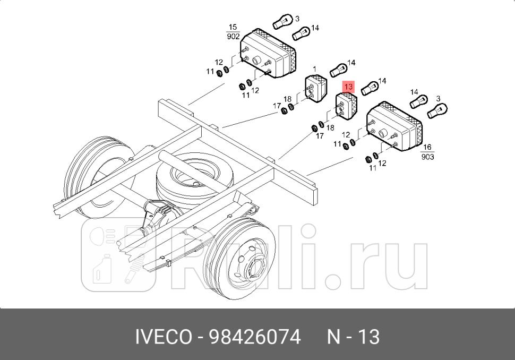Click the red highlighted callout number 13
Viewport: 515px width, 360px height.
[x=349, y=87]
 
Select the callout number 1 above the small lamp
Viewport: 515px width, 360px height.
[x=314, y=69]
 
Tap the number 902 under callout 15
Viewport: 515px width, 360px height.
[x=233, y=37]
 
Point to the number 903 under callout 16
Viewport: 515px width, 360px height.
[x=427, y=157]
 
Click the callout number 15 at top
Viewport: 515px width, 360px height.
[x=233, y=27]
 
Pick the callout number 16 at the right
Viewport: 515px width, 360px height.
[x=427, y=148]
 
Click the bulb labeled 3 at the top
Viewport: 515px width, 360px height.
[x=281, y=22]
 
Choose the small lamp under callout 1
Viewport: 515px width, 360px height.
[x=316, y=89]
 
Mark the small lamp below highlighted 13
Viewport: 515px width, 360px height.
[x=347, y=106]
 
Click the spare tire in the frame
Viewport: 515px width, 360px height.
[x=188, y=178]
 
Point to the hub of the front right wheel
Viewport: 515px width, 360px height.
[x=254, y=264]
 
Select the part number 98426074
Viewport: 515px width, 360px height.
[x=254, y=337]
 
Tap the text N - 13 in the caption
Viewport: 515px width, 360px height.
[x=353, y=337]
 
